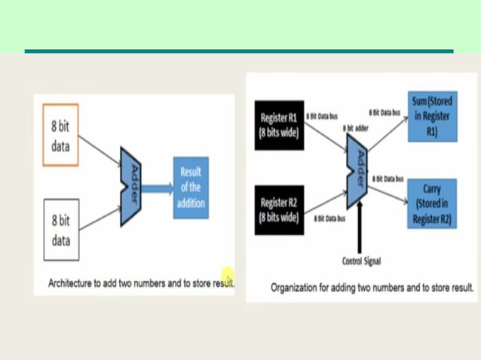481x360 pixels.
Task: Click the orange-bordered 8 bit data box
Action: (61, 136)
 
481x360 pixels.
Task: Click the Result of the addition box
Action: (190, 188)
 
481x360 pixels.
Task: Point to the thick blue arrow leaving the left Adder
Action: (158, 190)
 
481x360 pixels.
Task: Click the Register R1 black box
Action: (279, 125)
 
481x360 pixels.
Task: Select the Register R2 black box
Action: (279, 210)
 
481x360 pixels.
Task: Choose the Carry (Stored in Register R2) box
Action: (432, 203)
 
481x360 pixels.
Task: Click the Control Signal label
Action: (361, 261)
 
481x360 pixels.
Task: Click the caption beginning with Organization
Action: (372, 287)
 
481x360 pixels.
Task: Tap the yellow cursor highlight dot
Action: (227, 276)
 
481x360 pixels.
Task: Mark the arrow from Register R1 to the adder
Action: (325, 139)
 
